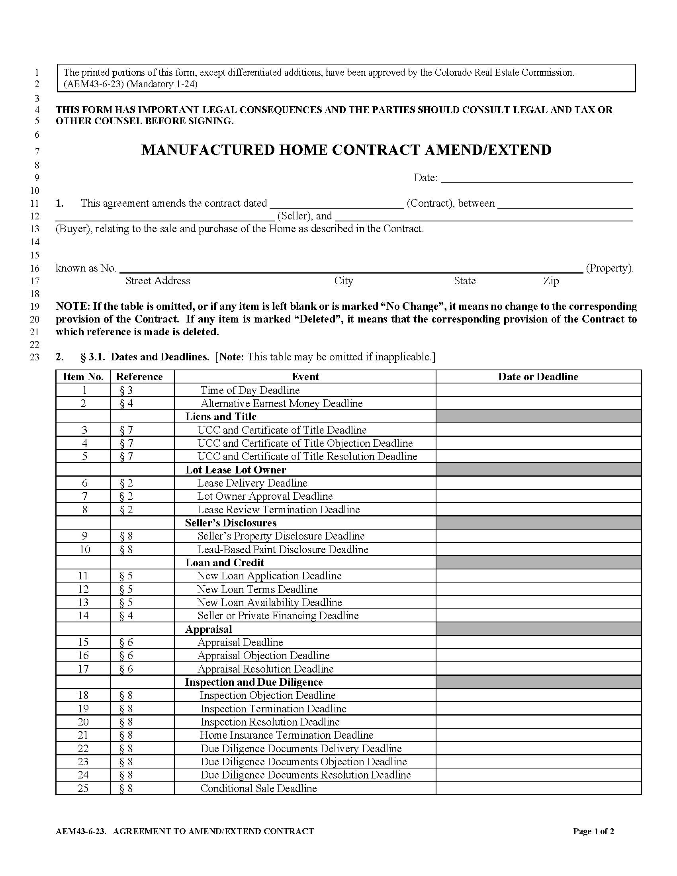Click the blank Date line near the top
click(x=537, y=178)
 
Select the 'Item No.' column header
click(x=83, y=377)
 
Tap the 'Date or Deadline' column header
click(x=538, y=377)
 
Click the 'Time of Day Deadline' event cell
click(x=250, y=390)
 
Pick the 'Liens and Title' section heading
click(x=221, y=416)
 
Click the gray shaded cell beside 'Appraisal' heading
click(x=538, y=629)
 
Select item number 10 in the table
click(x=84, y=549)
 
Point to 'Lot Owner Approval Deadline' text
click(x=265, y=496)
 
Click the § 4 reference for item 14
click(x=126, y=616)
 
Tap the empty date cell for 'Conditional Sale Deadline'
click(x=538, y=788)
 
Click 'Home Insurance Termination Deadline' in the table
click(x=286, y=735)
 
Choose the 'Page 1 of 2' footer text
click(x=593, y=831)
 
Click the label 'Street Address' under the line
click(x=158, y=281)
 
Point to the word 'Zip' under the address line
click(x=551, y=281)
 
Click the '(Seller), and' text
click(x=305, y=216)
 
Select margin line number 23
click(x=35, y=357)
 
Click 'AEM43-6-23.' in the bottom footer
click(x=80, y=831)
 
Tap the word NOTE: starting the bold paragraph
click(x=73, y=307)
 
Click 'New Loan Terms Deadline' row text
click(x=257, y=589)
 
